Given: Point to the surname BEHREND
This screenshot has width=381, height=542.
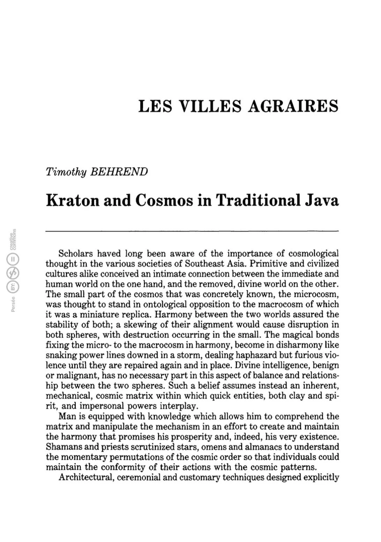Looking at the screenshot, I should (x=119, y=171).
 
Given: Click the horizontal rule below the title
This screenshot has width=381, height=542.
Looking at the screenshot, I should (x=192, y=230).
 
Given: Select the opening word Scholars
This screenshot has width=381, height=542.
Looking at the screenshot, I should (x=75, y=253).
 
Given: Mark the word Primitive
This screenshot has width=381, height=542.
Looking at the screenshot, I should (x=269, y=263).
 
